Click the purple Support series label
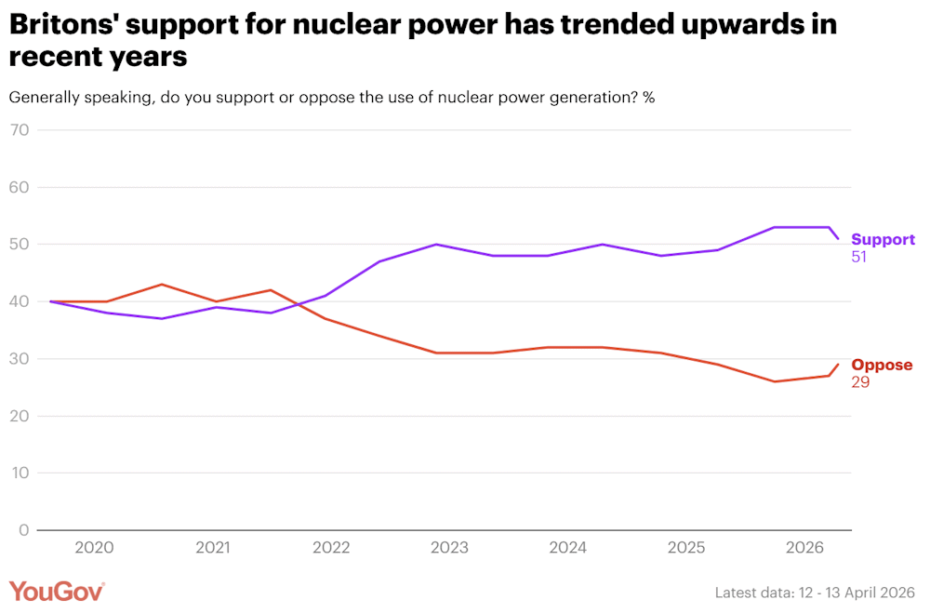[883, 240]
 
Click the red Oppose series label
[882, 365]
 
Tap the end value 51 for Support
[859, 257]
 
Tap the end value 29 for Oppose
[860, 381]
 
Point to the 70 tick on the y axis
[20, 130]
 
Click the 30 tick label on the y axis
[20, 359]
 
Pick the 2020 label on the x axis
[94, 549]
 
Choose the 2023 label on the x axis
[449, 549]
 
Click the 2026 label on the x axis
[804, 549]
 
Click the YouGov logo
[57, 592]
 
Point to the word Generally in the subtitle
[46, 98]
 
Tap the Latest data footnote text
[815, 593]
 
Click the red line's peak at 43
[162, 285]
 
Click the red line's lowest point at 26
[775, 381]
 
